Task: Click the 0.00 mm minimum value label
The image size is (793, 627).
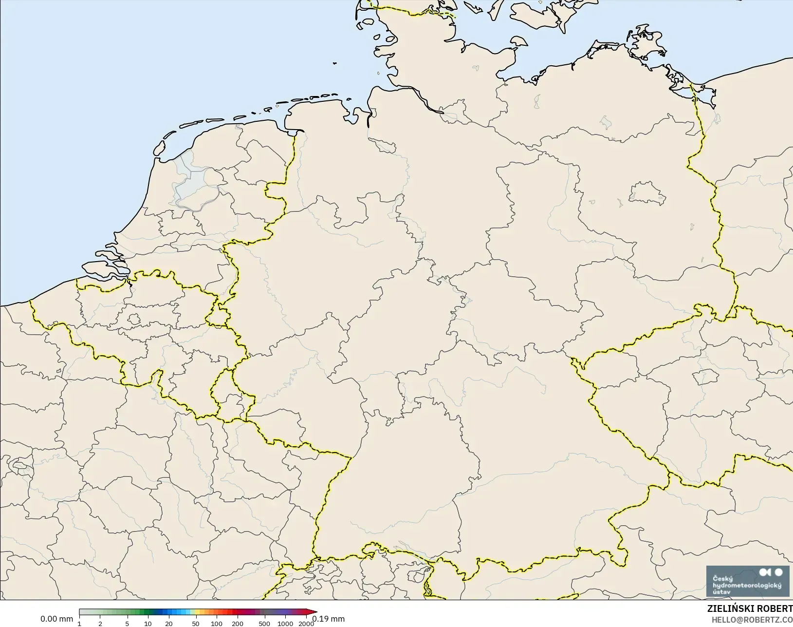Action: coord(56,619)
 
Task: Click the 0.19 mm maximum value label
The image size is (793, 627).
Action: coord(329,619)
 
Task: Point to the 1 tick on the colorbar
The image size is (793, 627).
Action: coord(79,624)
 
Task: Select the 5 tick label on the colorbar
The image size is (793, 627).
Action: coord(127,624)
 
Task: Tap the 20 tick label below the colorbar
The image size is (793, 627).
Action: coord(168,624)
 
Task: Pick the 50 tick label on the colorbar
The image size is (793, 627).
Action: coord(195,624)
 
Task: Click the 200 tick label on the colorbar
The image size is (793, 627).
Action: coord(237,624)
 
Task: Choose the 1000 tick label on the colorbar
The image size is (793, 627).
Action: coord(285,624)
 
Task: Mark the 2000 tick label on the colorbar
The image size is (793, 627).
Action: coord(306,624)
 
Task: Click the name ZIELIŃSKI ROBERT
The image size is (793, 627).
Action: coord(750,609)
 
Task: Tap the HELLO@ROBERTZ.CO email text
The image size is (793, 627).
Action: coord(752,620)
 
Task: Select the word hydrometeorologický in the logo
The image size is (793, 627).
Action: coord(747,585)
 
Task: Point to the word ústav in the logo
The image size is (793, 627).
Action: coord(721,592)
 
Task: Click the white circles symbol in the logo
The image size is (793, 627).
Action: coord(771,572)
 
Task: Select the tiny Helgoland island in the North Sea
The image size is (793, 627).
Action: coord(335,63)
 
